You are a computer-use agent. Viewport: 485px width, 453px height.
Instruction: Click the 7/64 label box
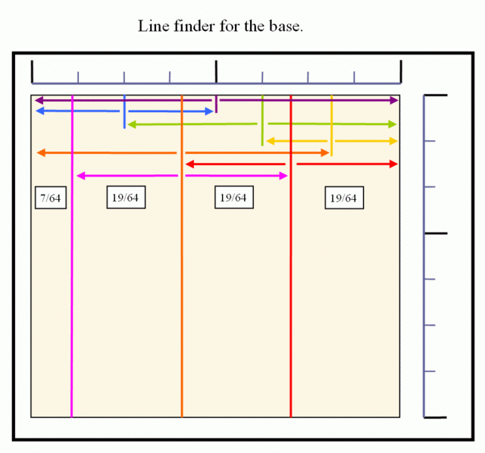(51, 198)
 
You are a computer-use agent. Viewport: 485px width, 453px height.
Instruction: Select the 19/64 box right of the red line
(344, 198)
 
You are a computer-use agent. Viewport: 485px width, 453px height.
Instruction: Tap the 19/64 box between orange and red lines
(234, 197)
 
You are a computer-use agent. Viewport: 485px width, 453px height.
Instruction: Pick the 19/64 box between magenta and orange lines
(126, 197)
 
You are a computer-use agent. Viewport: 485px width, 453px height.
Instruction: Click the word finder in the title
(194, 26)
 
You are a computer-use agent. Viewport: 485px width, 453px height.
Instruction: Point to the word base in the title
(284, 27)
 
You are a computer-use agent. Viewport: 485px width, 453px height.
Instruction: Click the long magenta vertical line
(72, 256)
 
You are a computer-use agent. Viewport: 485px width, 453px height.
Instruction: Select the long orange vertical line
(182, 256)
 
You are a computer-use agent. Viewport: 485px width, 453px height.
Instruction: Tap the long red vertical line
(291, 256)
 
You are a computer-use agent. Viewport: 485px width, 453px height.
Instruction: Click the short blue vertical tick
(124, 111)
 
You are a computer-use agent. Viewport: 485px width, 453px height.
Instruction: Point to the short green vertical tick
(262, 120)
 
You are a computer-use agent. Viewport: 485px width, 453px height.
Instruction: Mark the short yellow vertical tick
(332, 126)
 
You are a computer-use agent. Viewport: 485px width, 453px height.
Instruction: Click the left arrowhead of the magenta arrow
(80, 176)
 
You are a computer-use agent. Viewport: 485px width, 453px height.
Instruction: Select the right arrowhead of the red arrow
(393, 164)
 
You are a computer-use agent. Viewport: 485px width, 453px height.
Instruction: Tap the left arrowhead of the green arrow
(132, 125)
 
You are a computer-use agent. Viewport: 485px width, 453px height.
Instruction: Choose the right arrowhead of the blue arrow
(209, 111)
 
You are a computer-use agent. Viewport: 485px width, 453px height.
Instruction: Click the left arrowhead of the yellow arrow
(271, 142)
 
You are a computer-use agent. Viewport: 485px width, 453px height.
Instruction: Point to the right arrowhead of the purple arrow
(394, 100)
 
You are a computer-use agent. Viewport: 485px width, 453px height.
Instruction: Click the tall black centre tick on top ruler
(216, 72)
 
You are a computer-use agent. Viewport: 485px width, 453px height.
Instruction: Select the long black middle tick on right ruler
(436, 233)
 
